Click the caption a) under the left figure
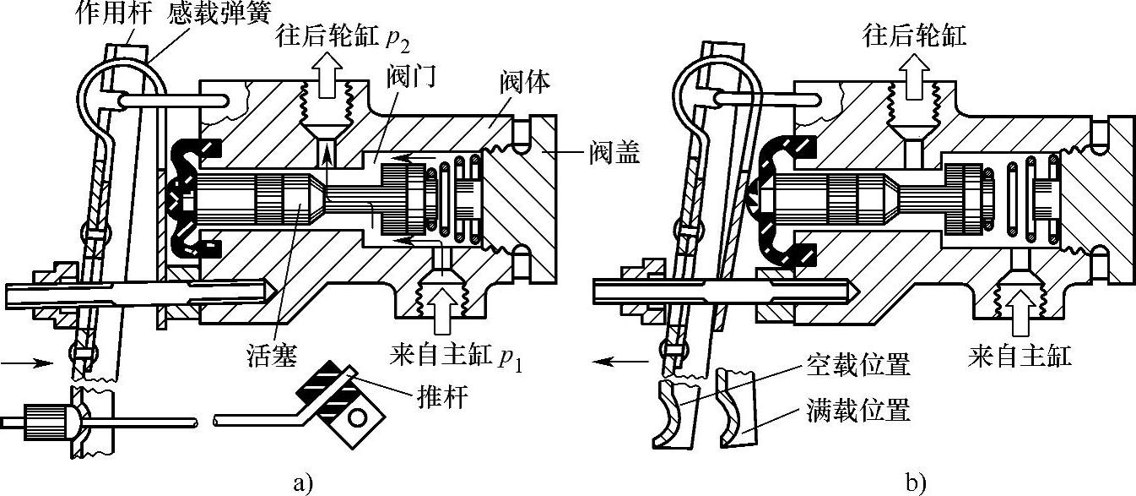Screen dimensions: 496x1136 (x=303, y=483)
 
